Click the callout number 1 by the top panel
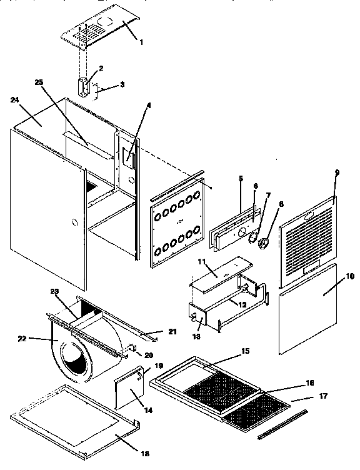[x=142, y=42]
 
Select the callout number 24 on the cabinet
[x=15, y=99]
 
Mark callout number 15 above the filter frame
[x=246, y=351]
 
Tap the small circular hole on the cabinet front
[x=75, y=222]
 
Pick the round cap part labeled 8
[x=264, y=241]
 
